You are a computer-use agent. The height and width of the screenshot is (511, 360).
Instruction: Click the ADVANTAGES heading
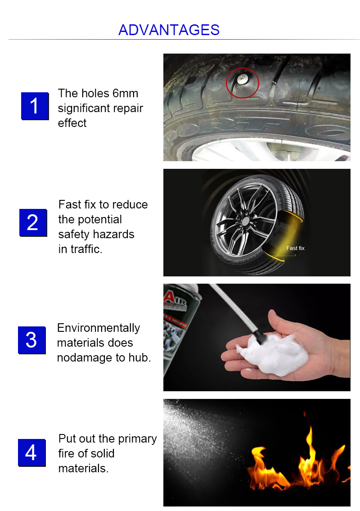pyautogui.click(x=169, y=30)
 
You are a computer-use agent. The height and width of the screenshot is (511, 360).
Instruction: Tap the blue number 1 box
pyautogui.click(x=35, y=106)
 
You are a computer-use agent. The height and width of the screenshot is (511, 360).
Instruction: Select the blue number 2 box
pyautogui.click(x=33, y=222)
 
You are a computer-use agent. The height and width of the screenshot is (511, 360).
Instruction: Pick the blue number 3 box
pyautogui.click(x=31, y=340)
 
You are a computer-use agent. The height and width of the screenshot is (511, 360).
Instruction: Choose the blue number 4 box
pyautogui.click(x=31, y=452)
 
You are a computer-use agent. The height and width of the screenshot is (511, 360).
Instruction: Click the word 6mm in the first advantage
pyautogui.click(x=126, y=94)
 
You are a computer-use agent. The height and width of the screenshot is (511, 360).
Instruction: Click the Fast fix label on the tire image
pyautogui.click(x=295, y=248)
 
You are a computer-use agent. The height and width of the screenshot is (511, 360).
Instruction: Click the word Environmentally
pyautogui.click(x=99, y=328)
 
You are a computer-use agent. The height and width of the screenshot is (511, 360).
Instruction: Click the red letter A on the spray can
pyautogui.click(x=169, y=297)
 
